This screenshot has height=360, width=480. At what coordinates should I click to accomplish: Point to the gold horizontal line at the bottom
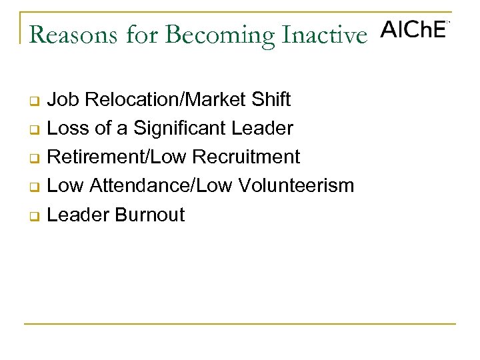240,324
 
